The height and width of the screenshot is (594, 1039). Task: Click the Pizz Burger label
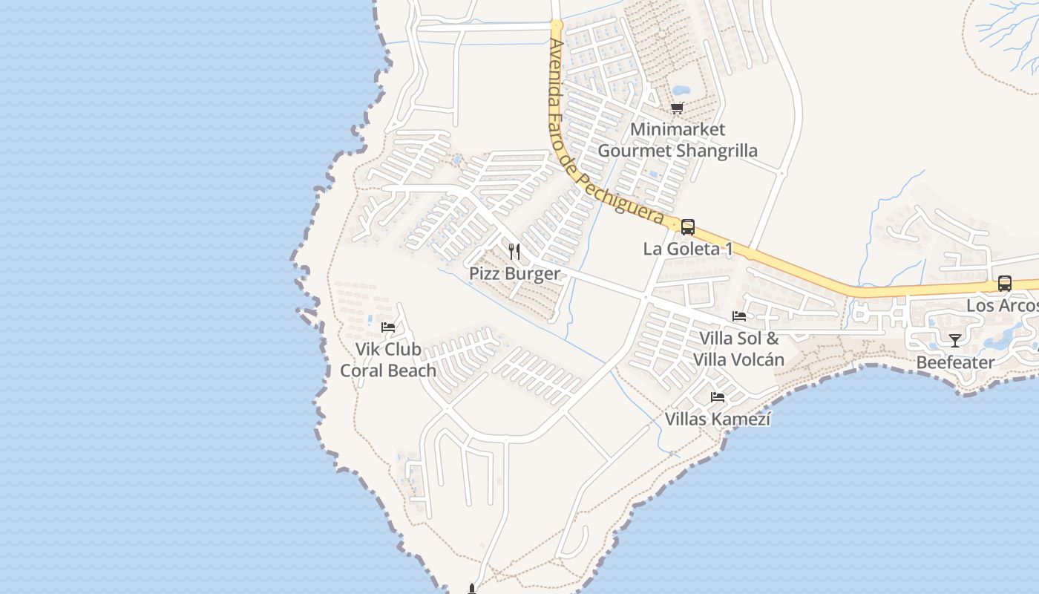pos(514,274)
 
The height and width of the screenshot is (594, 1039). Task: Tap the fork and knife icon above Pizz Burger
pos(514,252)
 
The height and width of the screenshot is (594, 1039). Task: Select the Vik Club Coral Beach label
pos(388,359)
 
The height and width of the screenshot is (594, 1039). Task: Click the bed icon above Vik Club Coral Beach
pos(387,327)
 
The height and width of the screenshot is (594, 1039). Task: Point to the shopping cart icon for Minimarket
pos(677,108)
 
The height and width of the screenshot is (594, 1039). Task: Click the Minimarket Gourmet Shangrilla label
pos(678,140)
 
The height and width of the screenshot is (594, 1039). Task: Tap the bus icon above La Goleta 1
pos(688,227)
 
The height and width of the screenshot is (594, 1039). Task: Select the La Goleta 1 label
pos(688,249)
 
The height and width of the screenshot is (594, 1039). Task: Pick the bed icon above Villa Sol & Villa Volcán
pos(739,316)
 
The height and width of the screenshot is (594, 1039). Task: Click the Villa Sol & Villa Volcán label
pos(739,349)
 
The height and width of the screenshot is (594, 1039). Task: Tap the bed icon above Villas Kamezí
pos(718,397)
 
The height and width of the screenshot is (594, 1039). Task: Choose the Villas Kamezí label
pos(718,419)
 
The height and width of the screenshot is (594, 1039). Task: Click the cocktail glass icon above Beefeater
pos(955,341)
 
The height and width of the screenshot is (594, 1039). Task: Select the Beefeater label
pos(955,362)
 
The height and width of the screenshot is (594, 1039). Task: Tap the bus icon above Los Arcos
pos(1005,284)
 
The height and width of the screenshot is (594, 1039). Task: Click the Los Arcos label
pos(1002,305)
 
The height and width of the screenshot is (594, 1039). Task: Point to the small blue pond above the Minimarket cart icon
pos(681,91)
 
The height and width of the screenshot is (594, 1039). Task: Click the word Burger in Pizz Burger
pos(531,274)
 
